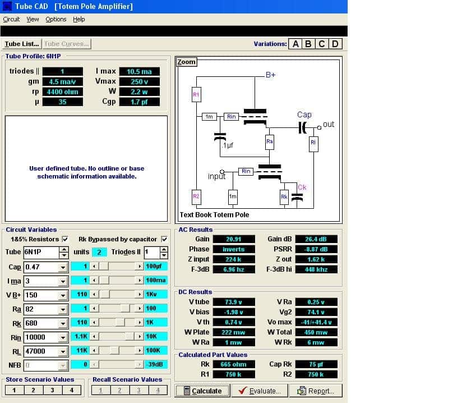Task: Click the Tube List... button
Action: pyautogui.click(x=22, y=44)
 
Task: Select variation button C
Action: pyautogui.click(x=322, y=44)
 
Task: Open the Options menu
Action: pyautogui.click(x=56, y=19)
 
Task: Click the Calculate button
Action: pyautogui.click(x=203, y=391)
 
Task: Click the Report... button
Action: pyautogui.click(x=316, y=391)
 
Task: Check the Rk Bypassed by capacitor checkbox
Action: pyautogui.click(x=164, y=239)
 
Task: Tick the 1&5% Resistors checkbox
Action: pyautogui.click(x=65, y=239)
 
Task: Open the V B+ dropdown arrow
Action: pyautogui.click(x=63, y=295)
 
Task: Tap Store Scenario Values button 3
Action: pyautogui.click(x=52, y=390)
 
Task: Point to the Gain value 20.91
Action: pyautogui.click(x=234, y=239)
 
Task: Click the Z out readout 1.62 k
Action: pyautogui.click(x=316, y=259)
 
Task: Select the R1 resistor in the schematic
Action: pyautogui.click(x=196, y=94)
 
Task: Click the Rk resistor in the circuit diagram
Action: pyautogui.click(x=284, y=197)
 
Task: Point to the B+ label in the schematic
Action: pyautogui.click(x=270, y=75)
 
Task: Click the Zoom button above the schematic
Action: pyautogui.click(x=186, y=62)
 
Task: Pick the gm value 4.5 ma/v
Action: pyautogui.click(x=62, y=81)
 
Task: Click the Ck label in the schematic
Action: pyautogui.click(x=302, y=187)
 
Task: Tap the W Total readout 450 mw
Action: pyautogui.click(x=316, y=332)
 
